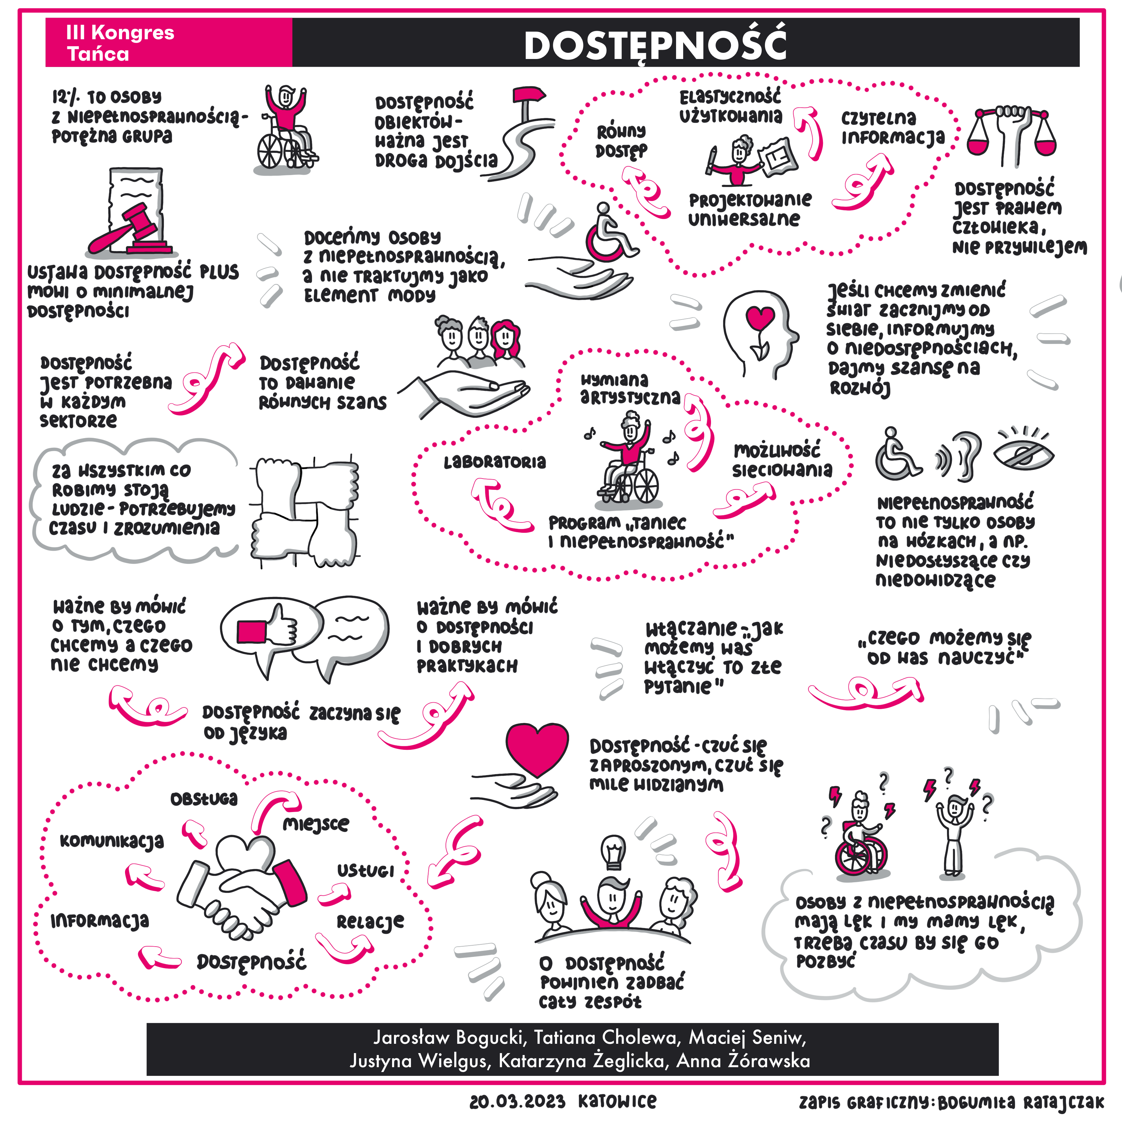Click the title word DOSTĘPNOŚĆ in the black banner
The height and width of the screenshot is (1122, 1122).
(x=655, y=45)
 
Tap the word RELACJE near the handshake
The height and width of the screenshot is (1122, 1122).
(x=370, y=922)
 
